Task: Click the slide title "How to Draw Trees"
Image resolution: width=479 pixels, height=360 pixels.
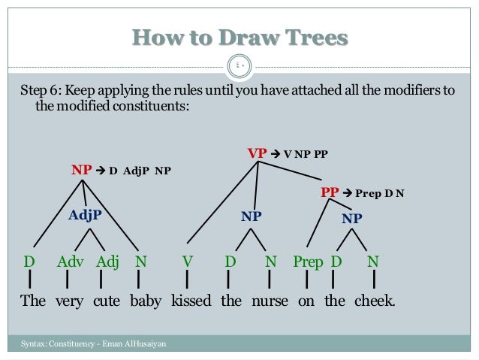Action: pyautogui.click(x=239, y=37)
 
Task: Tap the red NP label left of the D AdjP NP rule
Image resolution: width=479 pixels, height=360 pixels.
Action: pyautogui.click(x=81, y=169)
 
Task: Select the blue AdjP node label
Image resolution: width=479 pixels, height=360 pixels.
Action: pyautogui.click(x=85, y=215)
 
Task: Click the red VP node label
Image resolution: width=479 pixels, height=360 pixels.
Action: pyautogui.click(x=258, y=153)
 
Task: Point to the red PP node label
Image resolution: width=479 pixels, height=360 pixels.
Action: pyautogui.click(x=330, y=192)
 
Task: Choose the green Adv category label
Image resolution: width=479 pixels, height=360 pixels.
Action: pyautogui.click(x=70, y=262)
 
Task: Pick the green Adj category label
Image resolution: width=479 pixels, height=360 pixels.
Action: pyautogui.click(x=107, y=262)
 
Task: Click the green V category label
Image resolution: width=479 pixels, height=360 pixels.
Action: pyautogui.click(x=188, y=262)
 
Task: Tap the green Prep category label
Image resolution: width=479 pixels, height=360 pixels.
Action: pyautogui.click(x=308, y=262)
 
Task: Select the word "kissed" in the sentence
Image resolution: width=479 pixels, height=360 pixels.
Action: pyautogui.click(x=191, y=301)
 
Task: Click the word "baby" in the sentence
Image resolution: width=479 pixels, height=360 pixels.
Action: pyautogui.click(x=146, y=301)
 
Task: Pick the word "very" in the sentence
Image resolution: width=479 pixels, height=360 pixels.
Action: pyautogui.click(x=70, y=301)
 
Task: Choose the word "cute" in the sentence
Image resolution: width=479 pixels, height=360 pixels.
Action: pyautogui.click(x=107, y=301)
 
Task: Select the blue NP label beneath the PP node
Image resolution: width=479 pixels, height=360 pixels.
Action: pyautogui.click(x=351, y=219)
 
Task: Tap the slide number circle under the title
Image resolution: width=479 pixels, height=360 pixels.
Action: pyautogui.click(x=239, y=66)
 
